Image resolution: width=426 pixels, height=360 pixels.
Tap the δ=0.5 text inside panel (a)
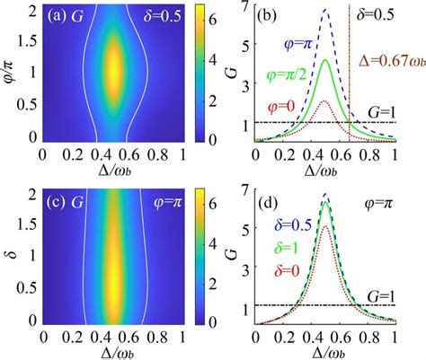[163, 17]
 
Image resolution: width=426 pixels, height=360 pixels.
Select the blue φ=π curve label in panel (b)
[297, 46]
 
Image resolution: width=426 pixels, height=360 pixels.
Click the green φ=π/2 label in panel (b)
[287, 75]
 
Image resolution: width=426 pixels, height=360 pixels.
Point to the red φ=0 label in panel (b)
[281, 107]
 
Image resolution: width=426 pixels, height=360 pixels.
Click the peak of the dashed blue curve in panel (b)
[325, 9]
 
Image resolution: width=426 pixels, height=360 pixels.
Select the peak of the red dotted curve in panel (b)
[324, 101]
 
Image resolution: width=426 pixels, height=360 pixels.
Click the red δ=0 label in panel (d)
[287, 271]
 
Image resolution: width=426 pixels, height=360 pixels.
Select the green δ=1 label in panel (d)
[286, 248]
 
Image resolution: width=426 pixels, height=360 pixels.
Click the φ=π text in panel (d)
[378, 204]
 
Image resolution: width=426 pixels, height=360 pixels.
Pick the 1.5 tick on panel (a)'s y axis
[29, 41]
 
